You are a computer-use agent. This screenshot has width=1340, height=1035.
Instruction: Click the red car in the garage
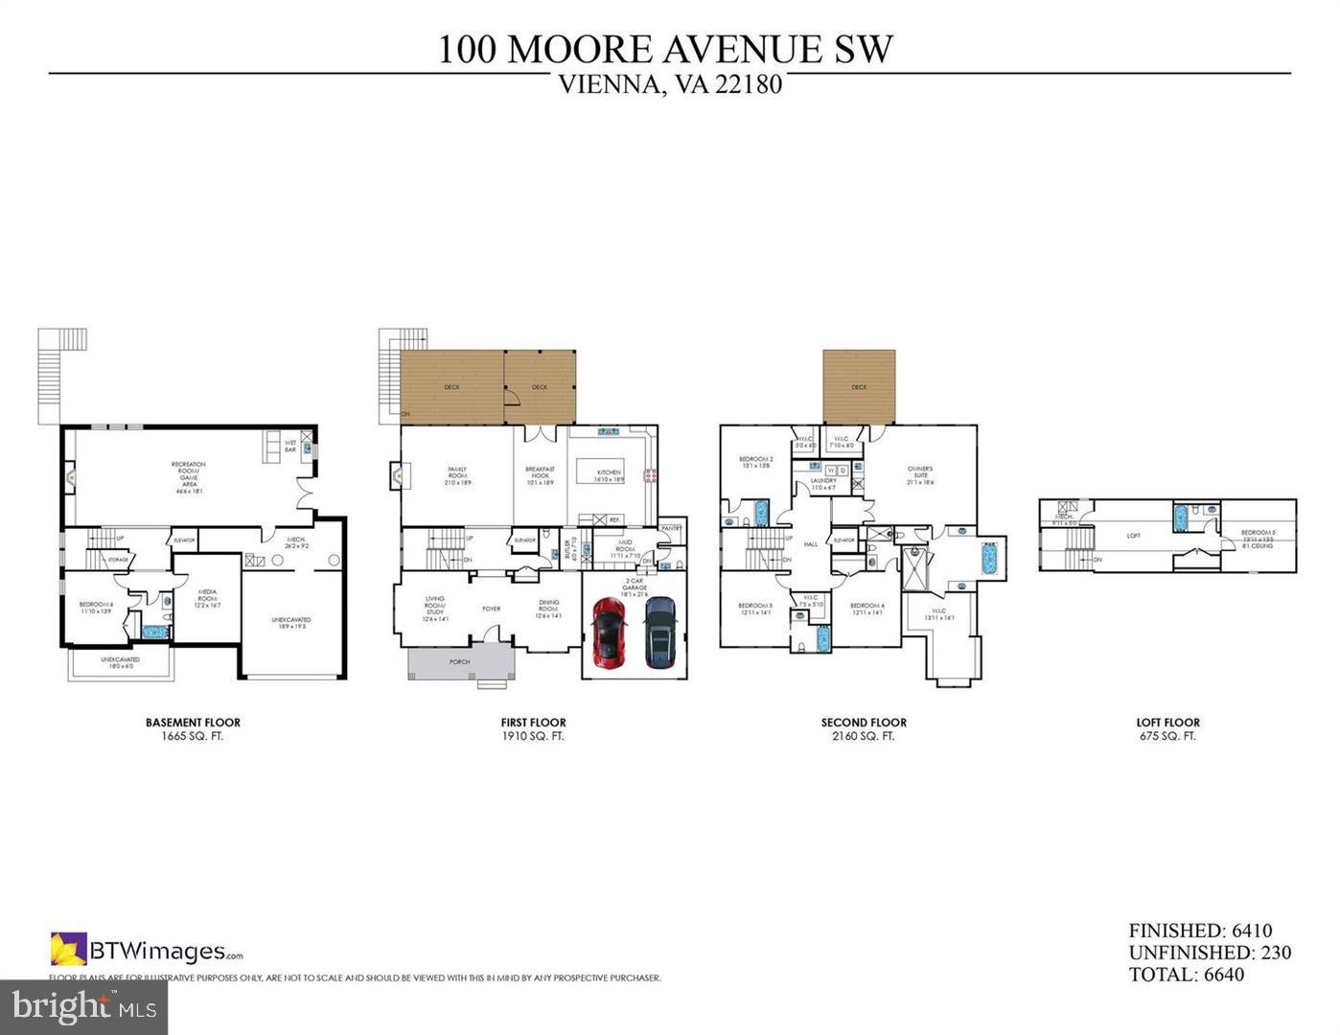click(x=609, y=632)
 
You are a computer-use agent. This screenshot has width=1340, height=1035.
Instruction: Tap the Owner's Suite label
click(x=920, y=475)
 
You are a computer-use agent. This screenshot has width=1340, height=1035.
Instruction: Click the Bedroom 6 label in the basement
click(x=96, y=607)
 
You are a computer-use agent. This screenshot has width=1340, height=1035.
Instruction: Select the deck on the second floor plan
click(x=859, y=387)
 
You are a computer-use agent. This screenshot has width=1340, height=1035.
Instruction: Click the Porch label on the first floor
click(x=460, y=662)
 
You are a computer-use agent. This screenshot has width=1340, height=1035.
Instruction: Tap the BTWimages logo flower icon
click(x=68, y=949)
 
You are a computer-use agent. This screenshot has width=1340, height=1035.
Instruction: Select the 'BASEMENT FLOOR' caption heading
click(x=193, y=723)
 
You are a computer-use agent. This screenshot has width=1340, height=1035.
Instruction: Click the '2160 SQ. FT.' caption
click(x=863, y=736)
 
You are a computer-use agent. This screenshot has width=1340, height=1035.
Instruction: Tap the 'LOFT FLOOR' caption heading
click(x=1167, y=723)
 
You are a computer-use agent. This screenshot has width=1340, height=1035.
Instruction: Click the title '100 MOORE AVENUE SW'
click(x=665, y=49)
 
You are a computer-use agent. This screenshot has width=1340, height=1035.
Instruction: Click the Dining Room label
click(x=548, y=606)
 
